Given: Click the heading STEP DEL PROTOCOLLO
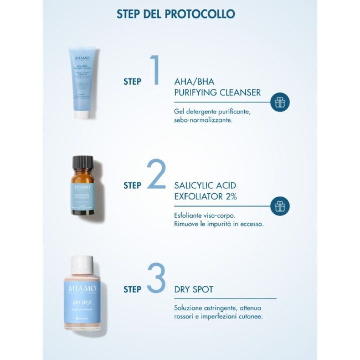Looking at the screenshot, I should click(175, 13).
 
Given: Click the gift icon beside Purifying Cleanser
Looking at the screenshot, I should click(280, 102).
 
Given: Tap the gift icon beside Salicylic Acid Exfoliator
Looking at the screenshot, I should click(280, 205).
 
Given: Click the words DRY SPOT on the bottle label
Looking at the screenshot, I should click(81, 303).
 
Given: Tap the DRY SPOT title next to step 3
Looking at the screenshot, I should click(193, 289).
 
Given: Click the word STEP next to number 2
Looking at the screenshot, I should click(132, 186).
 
